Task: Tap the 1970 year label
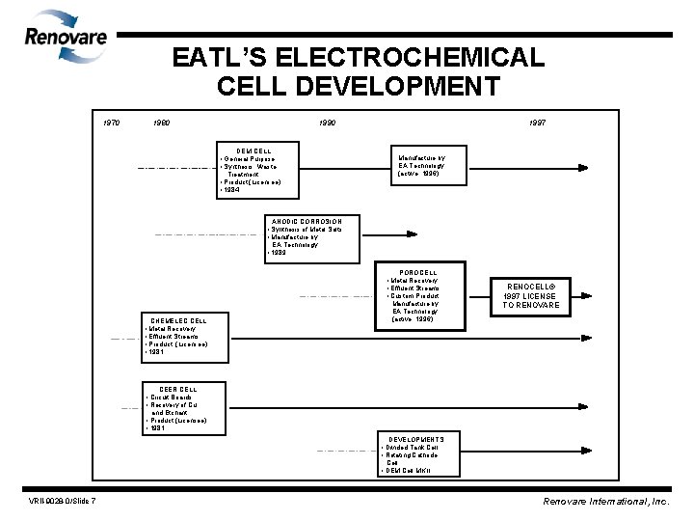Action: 113,123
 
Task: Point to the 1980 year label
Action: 164,123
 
